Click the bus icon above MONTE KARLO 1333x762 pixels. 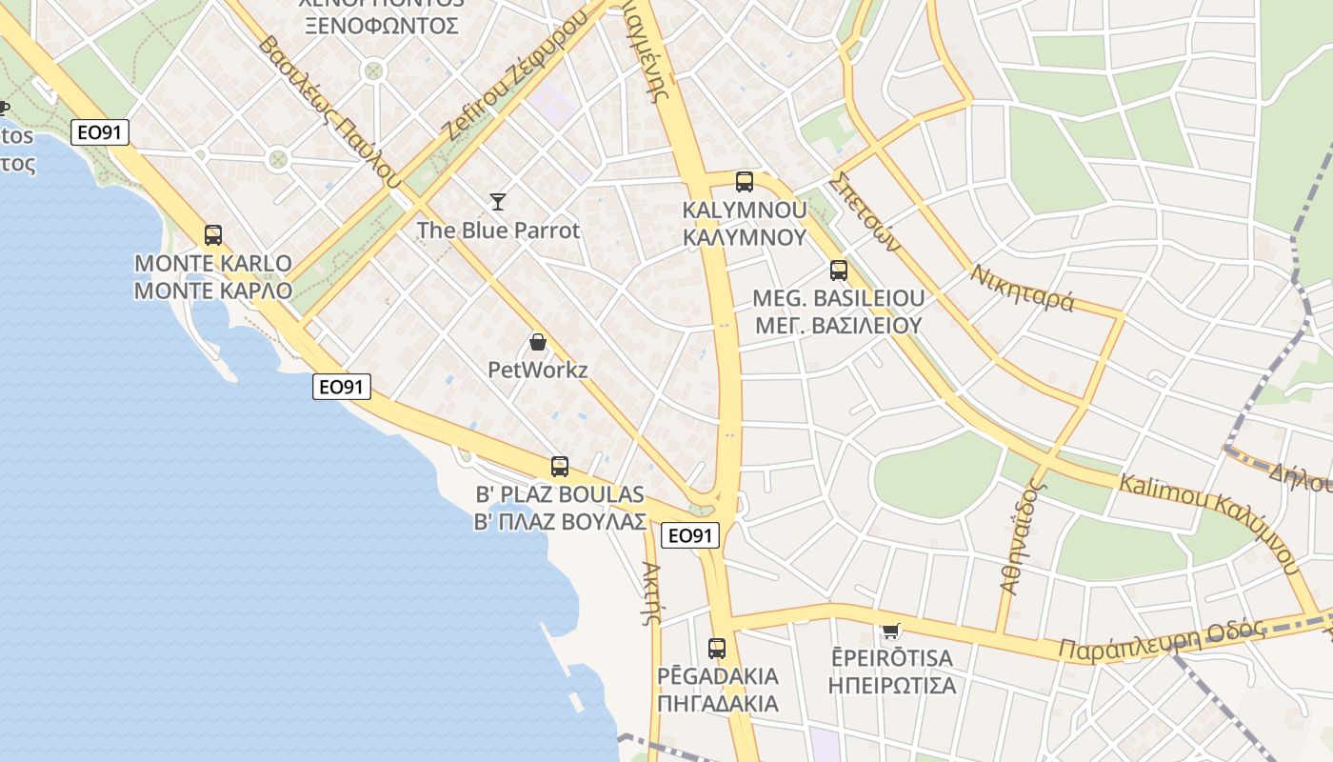click(x=213, y=235)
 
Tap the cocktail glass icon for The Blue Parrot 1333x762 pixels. click(x=498, y=201)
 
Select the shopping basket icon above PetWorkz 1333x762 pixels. click(x=538, y=342)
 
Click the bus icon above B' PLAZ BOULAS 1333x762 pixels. click(x=560, y=467)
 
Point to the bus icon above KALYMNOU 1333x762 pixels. click(x=745, y=181)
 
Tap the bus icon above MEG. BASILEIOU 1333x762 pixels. click(x=838, y=271)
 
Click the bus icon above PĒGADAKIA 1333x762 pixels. click(x=717, y=649)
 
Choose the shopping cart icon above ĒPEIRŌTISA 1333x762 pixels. click(x=890, y=630)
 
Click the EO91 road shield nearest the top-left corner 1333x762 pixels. click(x=100, y=132)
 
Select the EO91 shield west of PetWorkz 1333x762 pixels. click(x=342, y=387)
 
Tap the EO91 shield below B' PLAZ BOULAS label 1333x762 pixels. click(x=690, y=535)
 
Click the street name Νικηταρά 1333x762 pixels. click(x=1023, y=288)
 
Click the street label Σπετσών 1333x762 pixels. click(x=864, y=211)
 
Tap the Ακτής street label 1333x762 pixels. click(x=651, y=592)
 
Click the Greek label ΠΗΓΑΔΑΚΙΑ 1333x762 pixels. click(x=717, y=704)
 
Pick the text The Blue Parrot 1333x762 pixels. click(x=498, y=230)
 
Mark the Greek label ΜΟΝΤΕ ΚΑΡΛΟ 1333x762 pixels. click(x=212, y=291)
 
